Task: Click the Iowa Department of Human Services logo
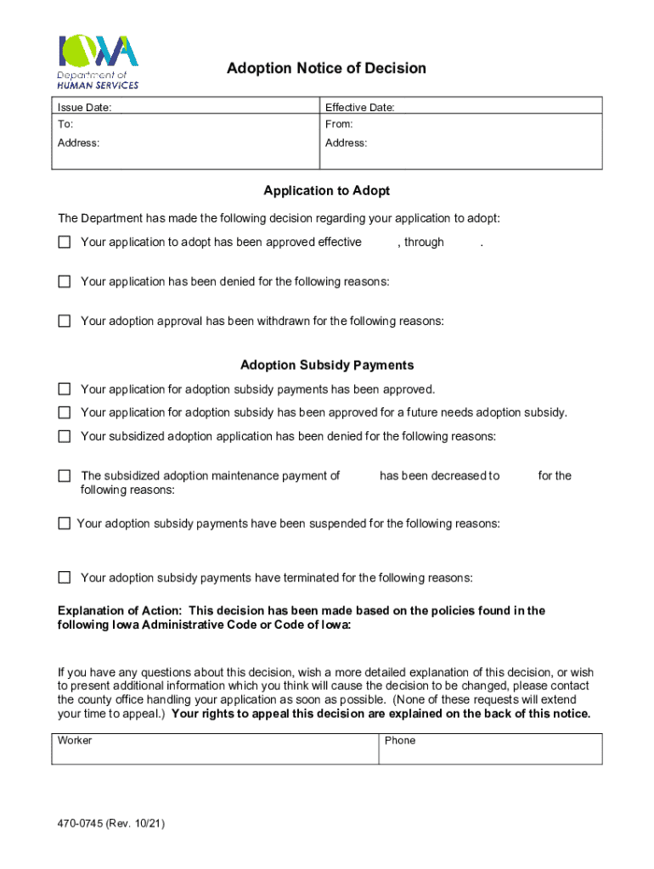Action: pos(98,61)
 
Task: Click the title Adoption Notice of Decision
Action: pos(326,68)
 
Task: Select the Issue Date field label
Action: pos(83,108)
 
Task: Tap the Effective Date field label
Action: pos(359,108)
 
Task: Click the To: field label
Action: pos(65,124)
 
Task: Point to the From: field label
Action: pos(339,124)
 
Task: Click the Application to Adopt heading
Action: pos(326,191)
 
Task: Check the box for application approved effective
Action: pos(65,242)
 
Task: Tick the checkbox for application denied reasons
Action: pos(65,282)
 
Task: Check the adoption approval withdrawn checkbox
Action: pos(65,321)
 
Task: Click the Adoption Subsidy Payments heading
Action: pos(327,365)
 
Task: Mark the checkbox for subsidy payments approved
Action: pos(65,389)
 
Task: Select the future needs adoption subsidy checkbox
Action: pos(65,412)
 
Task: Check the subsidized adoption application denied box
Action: pos(65,436)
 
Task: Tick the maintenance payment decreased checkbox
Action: pos(65,476)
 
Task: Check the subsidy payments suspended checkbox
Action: pos(65,524)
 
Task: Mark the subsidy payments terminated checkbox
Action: pos(65,577)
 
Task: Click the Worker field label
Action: pos(75,741)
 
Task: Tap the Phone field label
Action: pos(400,741)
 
